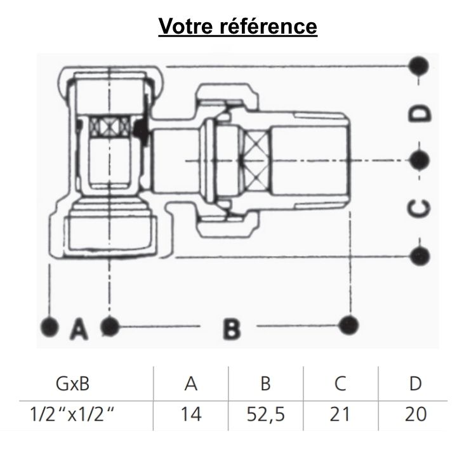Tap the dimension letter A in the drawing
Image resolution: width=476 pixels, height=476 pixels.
[78, 328]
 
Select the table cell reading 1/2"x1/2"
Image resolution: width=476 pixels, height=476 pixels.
[75, 414]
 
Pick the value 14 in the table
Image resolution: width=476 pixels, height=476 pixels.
[191, 414]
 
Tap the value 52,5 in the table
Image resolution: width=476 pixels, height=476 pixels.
[266, 414]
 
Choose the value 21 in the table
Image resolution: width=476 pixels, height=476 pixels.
[341, 414]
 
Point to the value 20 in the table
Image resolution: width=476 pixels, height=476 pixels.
[415, 414]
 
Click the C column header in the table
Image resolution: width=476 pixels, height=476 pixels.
[341, 384]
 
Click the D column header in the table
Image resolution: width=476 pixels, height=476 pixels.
[415, 384]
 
